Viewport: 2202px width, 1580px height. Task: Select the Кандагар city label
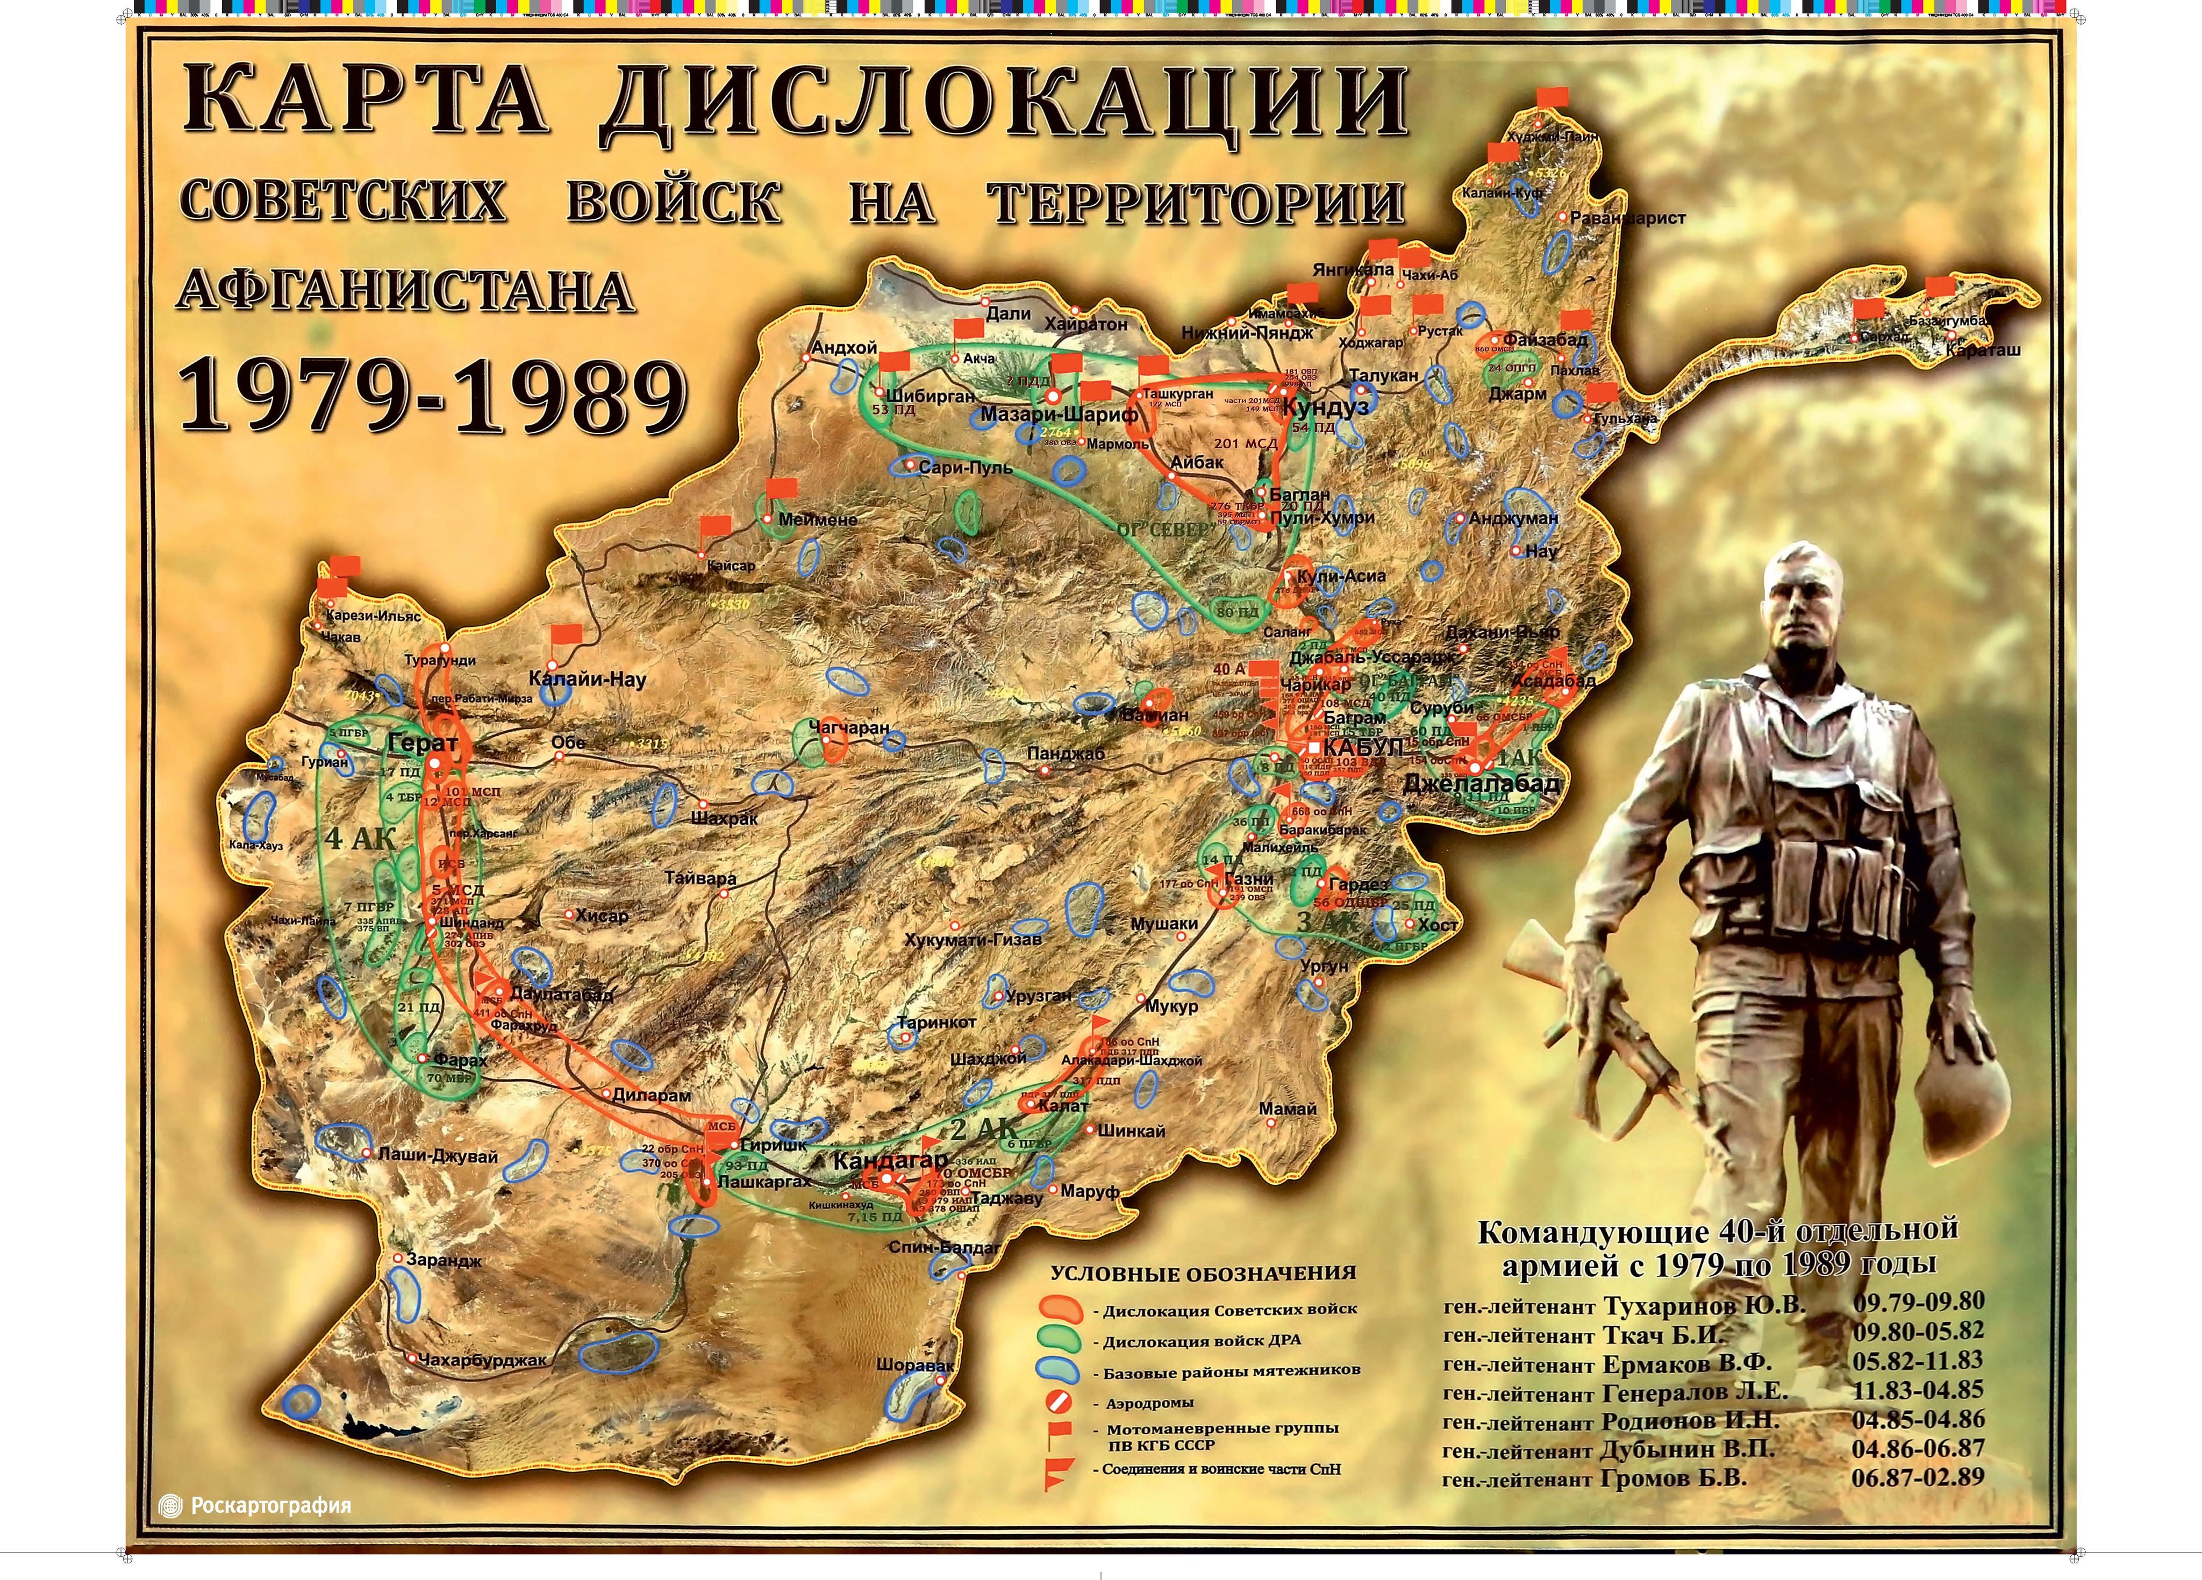pos(889,1161)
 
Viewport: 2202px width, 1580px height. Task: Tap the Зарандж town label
pos(444,1261)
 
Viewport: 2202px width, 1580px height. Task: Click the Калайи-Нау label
pos(588,679)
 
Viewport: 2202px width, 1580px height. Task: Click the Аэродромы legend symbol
pos(1060,1402)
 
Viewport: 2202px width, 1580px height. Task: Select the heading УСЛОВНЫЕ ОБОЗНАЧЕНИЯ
pos(1203,1273)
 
